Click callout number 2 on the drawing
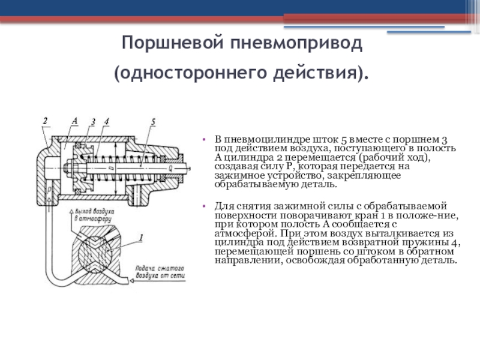click(44, 121)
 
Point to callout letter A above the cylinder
click(74, 121)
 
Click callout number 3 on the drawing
click(93, 122)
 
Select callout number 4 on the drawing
click(106, 122)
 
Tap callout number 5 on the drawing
click(153, 122)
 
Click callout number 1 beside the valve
click(141, 238)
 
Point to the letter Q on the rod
click(170, 169)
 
